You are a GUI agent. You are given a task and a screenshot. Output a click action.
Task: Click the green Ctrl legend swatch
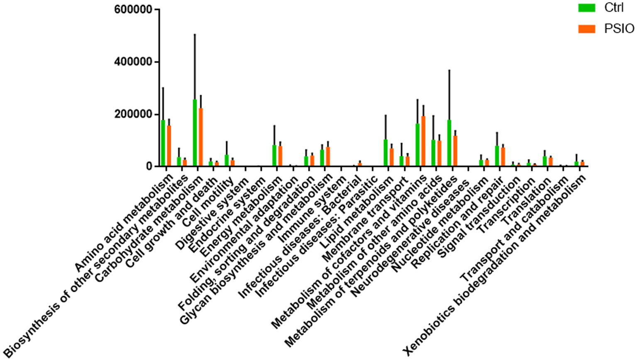click(587, 8)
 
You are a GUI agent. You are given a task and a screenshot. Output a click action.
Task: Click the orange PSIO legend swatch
click(587, 29)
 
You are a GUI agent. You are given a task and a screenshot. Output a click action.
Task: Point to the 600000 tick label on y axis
click(133, 9)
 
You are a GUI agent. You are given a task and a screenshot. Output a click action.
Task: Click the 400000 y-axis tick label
click(133, 62)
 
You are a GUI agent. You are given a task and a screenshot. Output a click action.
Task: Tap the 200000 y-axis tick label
click(133, 114)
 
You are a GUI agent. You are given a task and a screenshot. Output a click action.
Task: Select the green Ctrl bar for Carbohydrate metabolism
click(195, 133)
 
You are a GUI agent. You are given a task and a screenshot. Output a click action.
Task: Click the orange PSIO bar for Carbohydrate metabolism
click(200, 137)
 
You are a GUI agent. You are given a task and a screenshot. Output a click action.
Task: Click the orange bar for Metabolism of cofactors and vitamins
click(423, 141)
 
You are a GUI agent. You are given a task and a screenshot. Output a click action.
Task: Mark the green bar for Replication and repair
click(497, 156)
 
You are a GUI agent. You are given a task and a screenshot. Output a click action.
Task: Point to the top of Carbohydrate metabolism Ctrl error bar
click(195, 34)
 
